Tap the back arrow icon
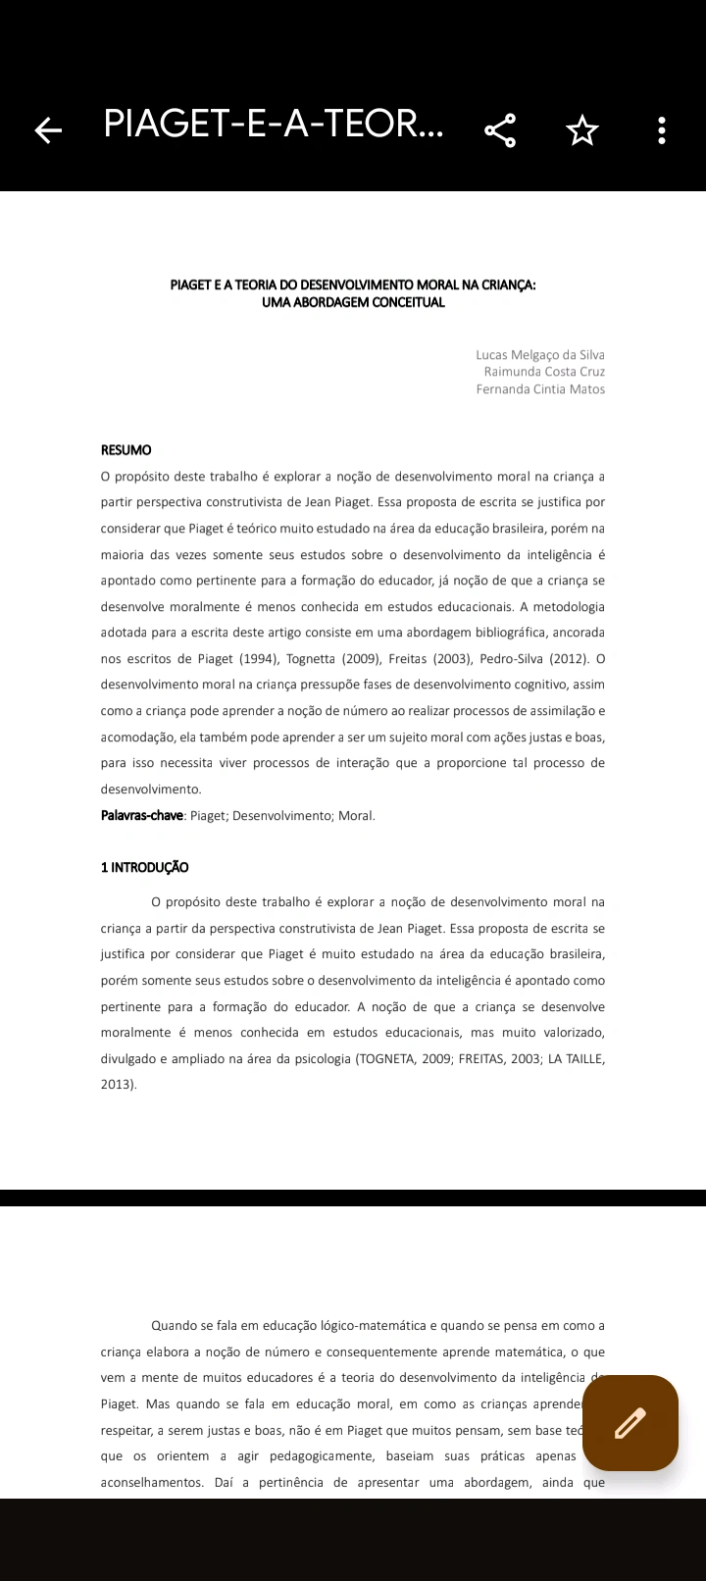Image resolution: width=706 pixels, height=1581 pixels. [48, 129]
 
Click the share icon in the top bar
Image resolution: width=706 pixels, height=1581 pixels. [500, 129]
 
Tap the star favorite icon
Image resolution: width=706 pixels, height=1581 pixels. [582, 129]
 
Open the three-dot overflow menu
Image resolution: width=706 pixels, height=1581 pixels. [662, 129]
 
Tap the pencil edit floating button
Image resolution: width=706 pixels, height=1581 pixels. [630, 1422]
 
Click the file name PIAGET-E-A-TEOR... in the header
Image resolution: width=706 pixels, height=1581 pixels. [273, 126]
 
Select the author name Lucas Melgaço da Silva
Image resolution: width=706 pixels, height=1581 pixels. [540, 355]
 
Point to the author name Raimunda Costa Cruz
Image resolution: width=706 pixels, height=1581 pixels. [544, 372]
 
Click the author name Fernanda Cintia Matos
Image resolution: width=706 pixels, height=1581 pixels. [540, 389]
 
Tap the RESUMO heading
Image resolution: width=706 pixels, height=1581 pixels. [126, 450]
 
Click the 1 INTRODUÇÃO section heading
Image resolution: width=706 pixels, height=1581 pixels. [145, 867]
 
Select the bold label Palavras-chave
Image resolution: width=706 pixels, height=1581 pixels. [142, 815]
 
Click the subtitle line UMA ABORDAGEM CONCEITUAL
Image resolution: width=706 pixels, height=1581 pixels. [353, 302]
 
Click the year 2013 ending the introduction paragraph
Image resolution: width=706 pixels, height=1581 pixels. [117, 1085]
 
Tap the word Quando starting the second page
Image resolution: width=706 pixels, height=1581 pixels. [175, 1326]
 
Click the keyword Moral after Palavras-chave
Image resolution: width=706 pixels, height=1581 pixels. [356, 815]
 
